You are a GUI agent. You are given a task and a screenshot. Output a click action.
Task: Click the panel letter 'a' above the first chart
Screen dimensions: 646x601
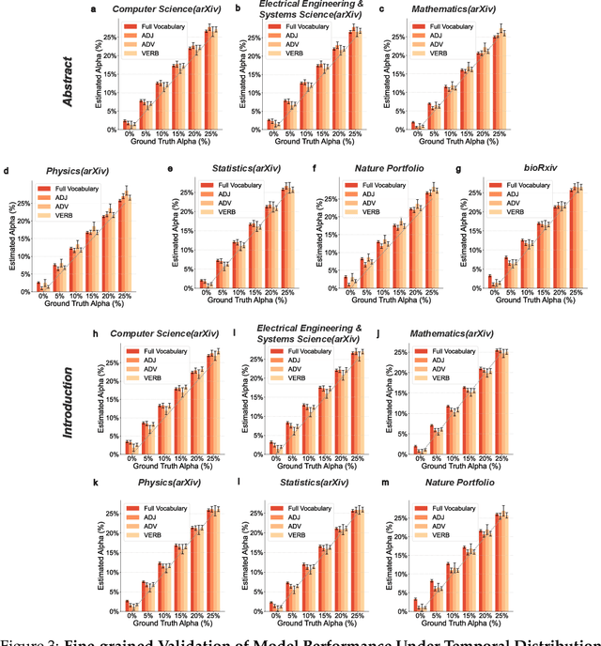pyautogui.click(x=93, y=10)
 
